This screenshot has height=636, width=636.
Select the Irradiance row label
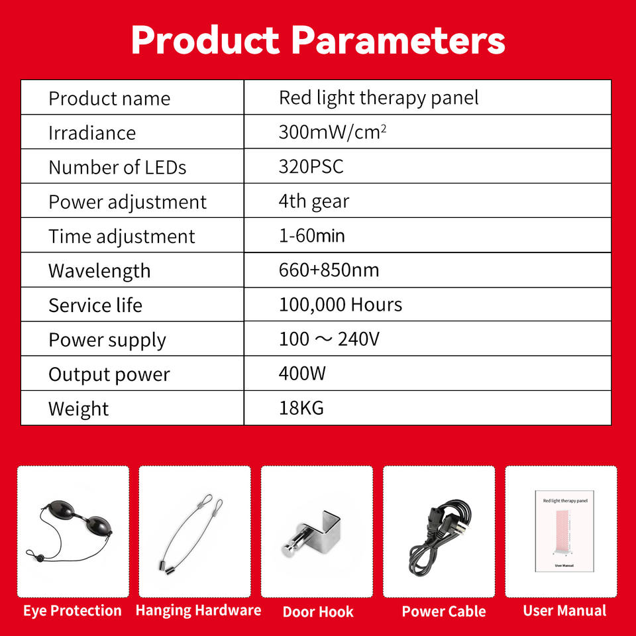[x=92, y=132]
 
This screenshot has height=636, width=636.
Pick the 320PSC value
[x=311, y=166]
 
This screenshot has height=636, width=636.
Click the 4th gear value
[x=313, y=201]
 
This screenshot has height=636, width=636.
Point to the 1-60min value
[x=311, y=236]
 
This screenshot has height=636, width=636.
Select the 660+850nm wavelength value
[x=329, y=270]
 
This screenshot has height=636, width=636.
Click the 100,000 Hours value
[x=341, y=305]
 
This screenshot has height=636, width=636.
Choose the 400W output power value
[x=302, y=374]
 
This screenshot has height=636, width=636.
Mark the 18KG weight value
[x=301, y=408]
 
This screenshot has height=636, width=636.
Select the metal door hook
[x=311, y=533]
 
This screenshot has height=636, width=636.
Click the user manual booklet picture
[x=564, y=531]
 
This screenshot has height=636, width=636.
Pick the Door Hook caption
[x=318, y=611]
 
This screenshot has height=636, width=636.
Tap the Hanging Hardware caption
[x=198, y=610]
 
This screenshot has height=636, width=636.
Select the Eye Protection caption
[x=72, y=610]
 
